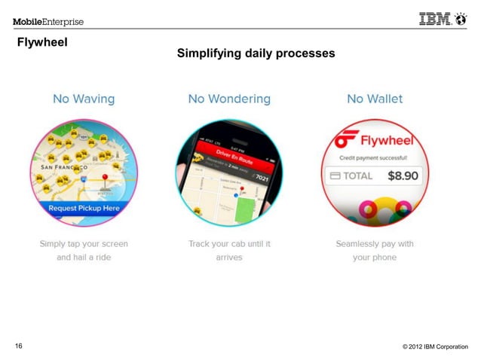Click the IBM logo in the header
tap(440, 20)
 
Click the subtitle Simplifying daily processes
tap(256, 53)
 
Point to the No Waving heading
tap(84, 99)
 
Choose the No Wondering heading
tap(229, 99)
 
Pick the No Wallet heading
tap(375, 99)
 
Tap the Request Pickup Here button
tap(84, 207)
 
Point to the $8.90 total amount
tap(403, 175)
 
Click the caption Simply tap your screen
tap(84, 244)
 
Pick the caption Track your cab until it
tap(229, 244)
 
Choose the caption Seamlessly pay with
tap(375, 244)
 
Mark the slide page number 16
tap(18, 346)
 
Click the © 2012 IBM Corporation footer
tap(435, 346)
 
